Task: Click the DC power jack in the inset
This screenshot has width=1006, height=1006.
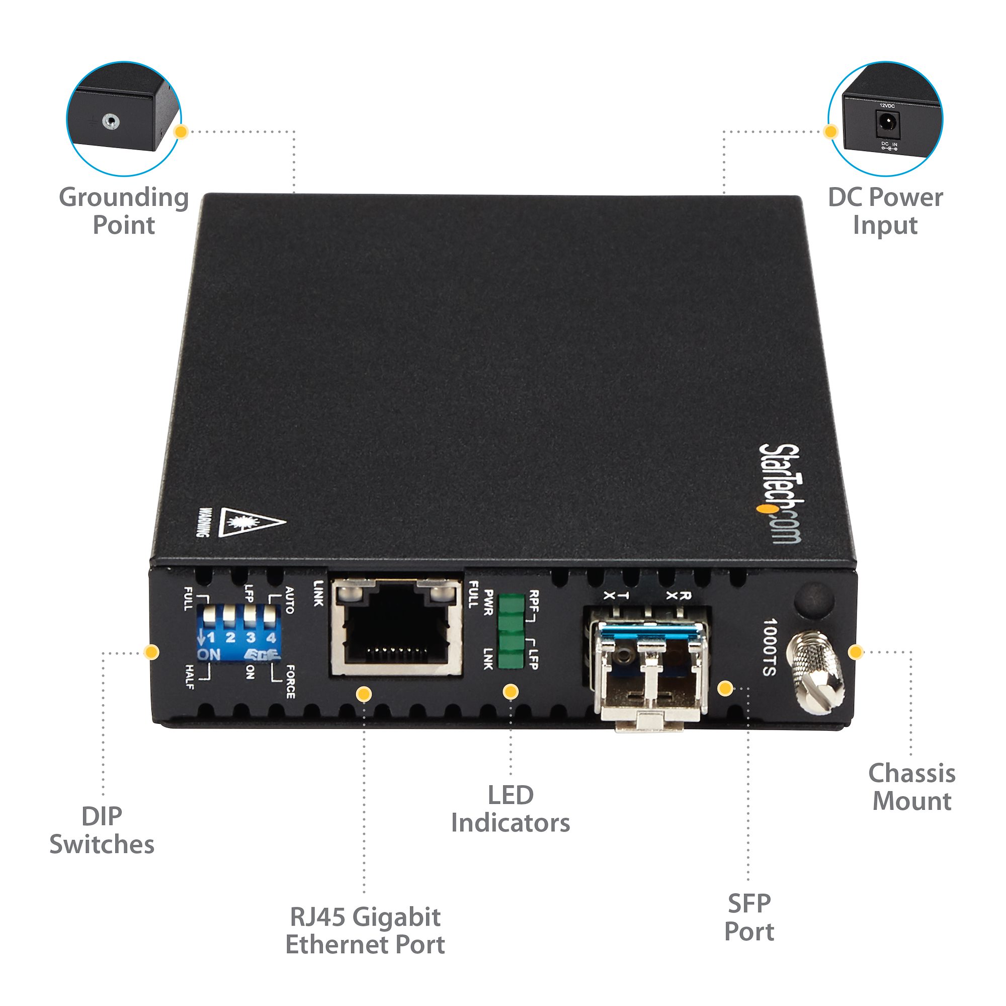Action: coord(886,123)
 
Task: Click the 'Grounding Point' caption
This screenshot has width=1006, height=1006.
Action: coord(123,211)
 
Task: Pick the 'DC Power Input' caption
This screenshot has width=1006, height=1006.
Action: coord(885,211)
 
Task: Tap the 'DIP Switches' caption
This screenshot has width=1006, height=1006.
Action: coord(102,830)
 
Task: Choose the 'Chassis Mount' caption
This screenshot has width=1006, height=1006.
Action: coord(912,787)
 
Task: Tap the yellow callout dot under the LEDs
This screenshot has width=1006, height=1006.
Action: coord(511,692)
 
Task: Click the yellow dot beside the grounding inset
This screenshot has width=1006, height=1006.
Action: coord(181,132)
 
